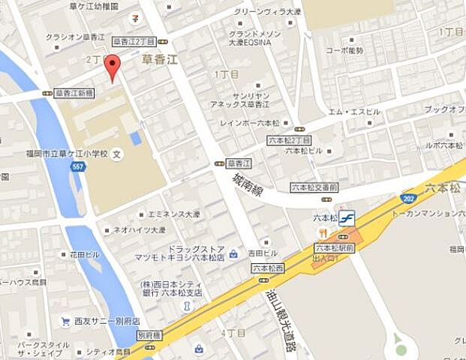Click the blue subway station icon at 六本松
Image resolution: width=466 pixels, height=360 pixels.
pos(346,217)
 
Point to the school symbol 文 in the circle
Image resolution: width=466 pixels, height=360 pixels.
pos(116,155)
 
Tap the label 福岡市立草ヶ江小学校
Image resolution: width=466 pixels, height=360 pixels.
pos(67,154)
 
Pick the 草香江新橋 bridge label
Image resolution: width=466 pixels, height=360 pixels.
pos(74,93)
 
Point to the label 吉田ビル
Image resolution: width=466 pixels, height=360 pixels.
pos(263,253)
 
